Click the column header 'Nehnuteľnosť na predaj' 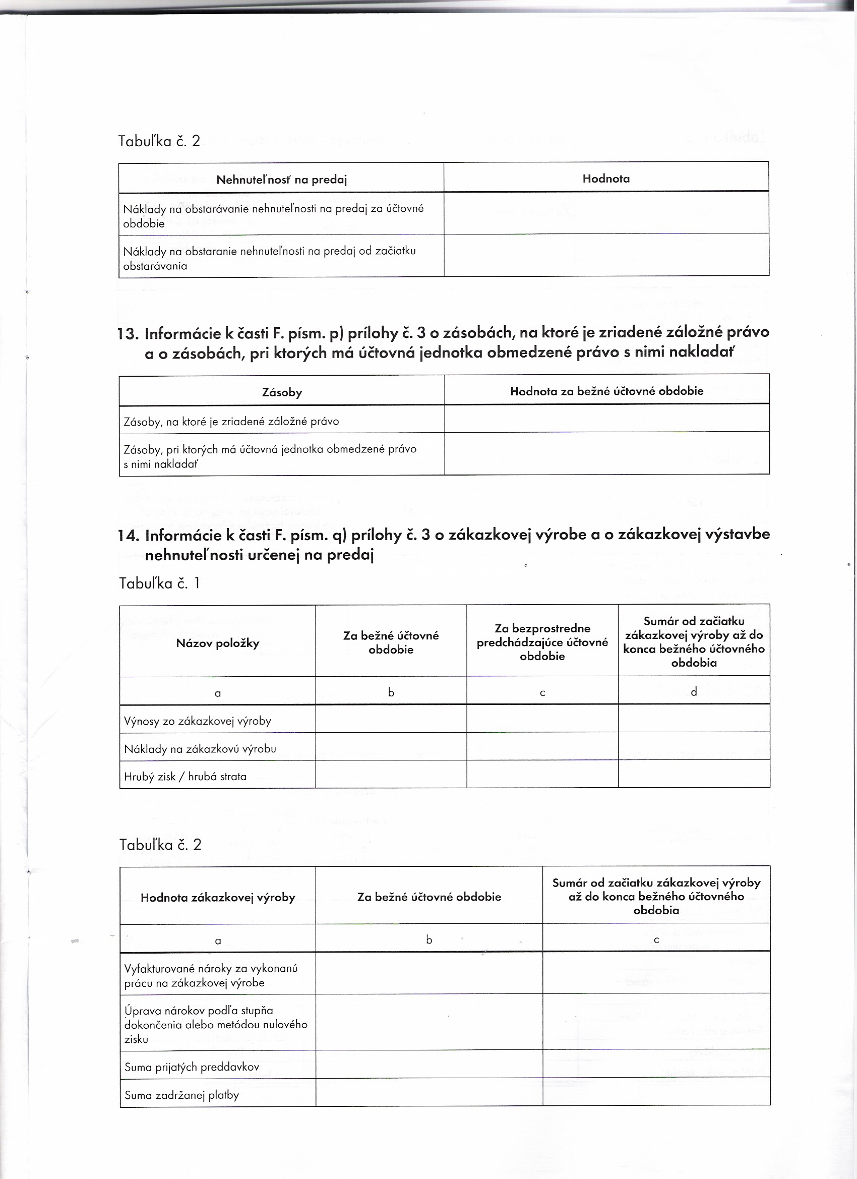[281, 180]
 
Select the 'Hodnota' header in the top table [605, 179]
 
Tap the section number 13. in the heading [129, 333]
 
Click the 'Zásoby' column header [282, 392]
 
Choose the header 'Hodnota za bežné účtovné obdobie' [606, 391]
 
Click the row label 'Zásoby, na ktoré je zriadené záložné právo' [231, 422]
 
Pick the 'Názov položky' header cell [217, 643]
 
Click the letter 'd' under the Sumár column [693, 692]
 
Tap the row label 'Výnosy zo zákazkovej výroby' [198, 721]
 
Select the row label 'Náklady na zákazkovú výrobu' [200, 749]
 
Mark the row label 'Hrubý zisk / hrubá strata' [185, 777]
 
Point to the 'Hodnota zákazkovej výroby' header [218, 898]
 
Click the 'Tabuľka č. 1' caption [159, 584]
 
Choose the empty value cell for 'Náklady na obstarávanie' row [606, 213]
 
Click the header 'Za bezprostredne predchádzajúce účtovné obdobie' [542, 642]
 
